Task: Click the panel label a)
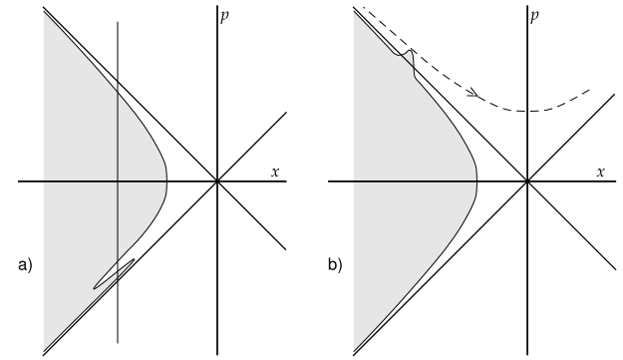tap(26, 265)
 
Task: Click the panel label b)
tap(336, 265)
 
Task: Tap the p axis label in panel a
tap(226, 17)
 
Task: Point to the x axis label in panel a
tap(275, 172)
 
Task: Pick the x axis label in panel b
tap(601, 172)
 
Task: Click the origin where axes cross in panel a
tap(217, 181)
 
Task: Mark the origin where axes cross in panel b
tap(528, 181)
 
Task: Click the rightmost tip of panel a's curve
tap(166, 181)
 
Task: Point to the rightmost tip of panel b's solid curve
tap(477, 181)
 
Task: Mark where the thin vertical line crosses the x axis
tap(119, 181)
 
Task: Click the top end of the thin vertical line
tap(119, 21)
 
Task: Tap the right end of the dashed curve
tap(591, 90)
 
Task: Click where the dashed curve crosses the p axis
tap(528, 110)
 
